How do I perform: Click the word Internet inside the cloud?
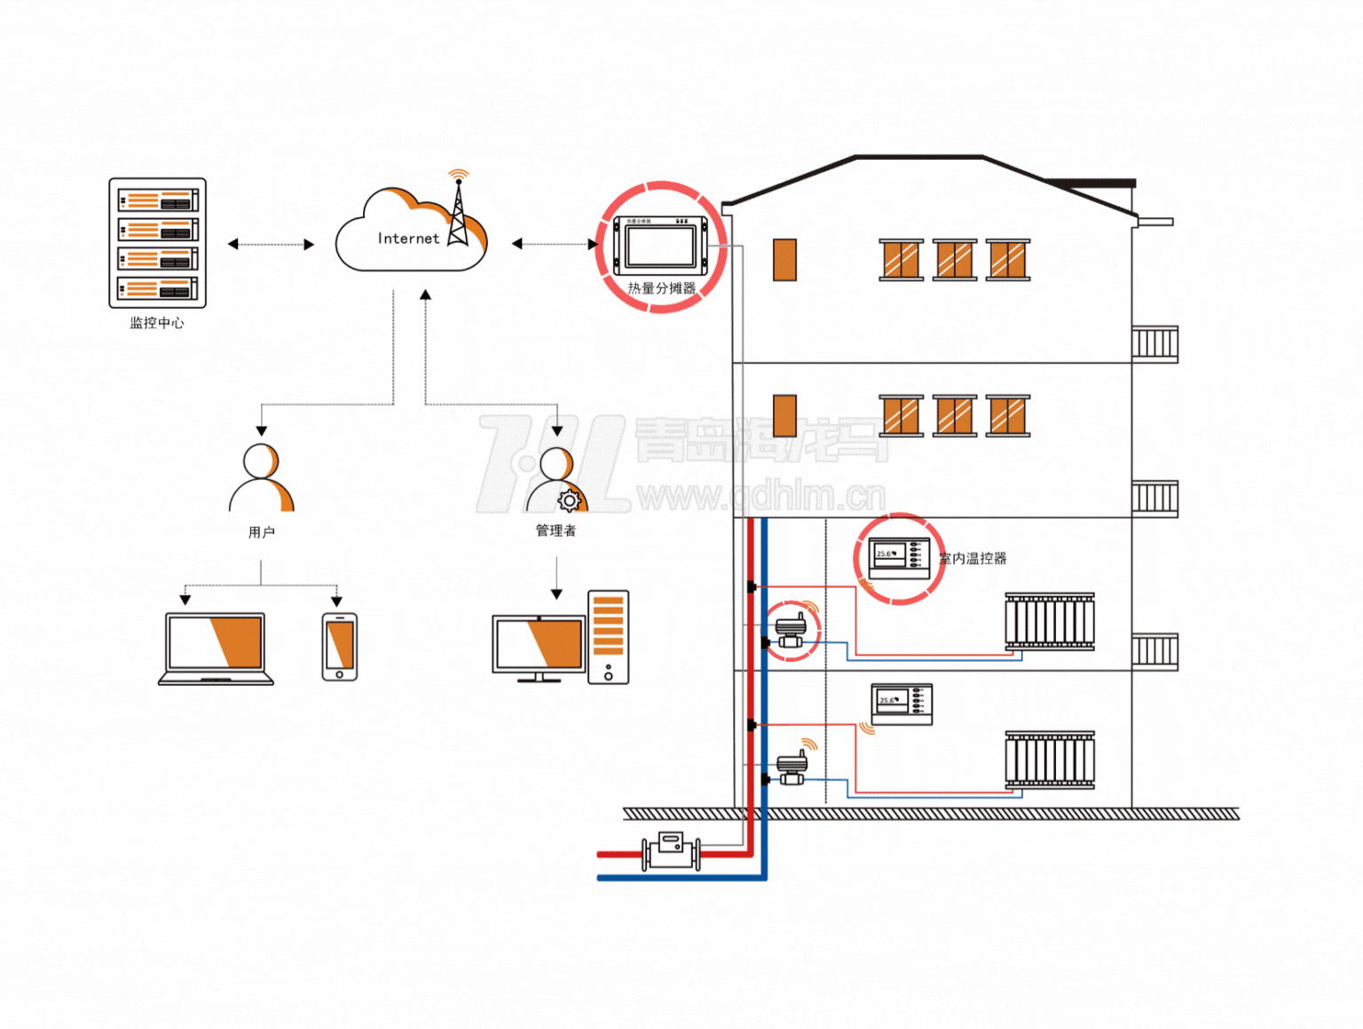click(x=408, y=239)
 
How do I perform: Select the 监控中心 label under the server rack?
click(x=157, y=323)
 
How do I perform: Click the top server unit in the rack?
click(x=158, y=200)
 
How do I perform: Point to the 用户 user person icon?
click(x=261, y=479)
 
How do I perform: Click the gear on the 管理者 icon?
click(x=569, y=500)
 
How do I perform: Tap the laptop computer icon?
click(x=216, y=648)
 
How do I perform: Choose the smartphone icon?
click(x=340, y=647)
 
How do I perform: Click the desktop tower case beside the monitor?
click(x=608, y=637)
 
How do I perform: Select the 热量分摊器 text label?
click(x=661, y=288)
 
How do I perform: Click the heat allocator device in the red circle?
click(x=660, y=243)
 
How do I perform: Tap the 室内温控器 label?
click(x=973, y=559)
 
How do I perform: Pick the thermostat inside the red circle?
click(x=899, y=558)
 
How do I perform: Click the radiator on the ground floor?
click(x=1050, y=760)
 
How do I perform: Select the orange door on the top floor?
click(x=784, y=260)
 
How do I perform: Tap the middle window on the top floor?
click(x=954, y=260)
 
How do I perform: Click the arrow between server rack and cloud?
click(x=271, y=244)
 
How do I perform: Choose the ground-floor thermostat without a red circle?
click(x=902, y=703)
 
